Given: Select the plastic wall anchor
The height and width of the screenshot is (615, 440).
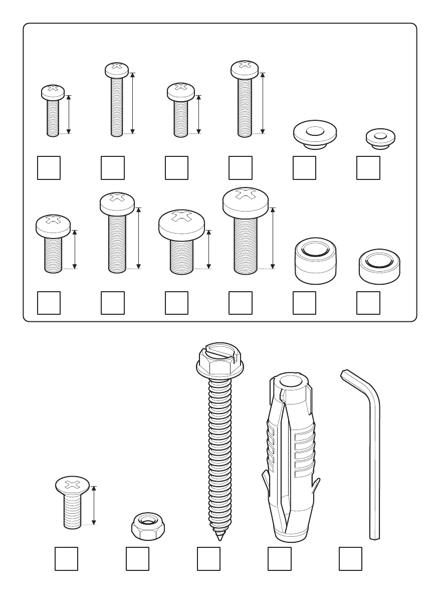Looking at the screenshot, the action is pos(291,456).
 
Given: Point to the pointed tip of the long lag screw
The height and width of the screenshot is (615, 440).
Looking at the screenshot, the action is pos(219,537).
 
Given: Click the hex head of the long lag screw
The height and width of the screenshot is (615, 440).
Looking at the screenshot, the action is pos(218,362).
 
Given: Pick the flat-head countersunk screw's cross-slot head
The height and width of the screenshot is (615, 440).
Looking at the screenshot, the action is pos(72,485).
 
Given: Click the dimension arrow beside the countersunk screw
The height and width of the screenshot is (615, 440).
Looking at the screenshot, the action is pos(93,505).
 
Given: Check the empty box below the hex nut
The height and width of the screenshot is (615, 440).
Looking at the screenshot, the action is pos(137,559).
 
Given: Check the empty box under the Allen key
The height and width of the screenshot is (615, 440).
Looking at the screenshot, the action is pos(350,559).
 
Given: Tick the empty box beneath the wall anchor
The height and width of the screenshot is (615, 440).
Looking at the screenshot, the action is pos(280,559).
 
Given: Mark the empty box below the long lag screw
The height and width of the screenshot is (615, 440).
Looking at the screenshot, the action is pos(208,559).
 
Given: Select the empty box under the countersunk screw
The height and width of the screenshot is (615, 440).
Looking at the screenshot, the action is pos(66,559).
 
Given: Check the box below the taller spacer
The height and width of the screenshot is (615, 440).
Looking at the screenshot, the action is pos(304,303).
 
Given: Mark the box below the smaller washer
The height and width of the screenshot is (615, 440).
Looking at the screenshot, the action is pos(368,168).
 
